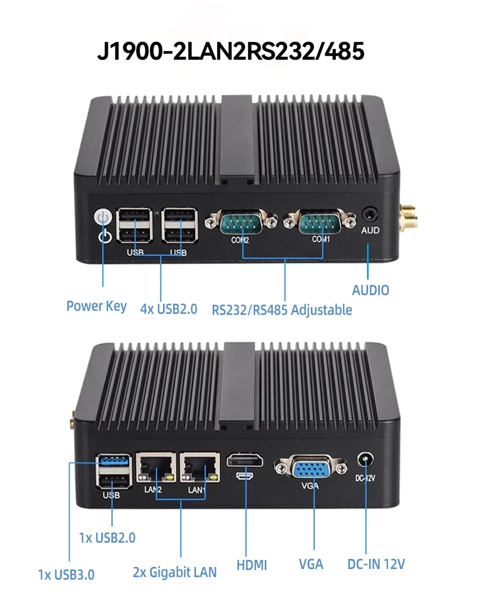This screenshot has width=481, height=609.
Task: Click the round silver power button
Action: [103, 217]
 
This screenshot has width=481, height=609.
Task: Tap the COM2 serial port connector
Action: [241, 222]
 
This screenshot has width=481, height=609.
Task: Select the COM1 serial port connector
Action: [320, 221]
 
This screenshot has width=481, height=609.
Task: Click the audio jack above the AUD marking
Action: [370, 215]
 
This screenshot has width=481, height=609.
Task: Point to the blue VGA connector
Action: [311, 468]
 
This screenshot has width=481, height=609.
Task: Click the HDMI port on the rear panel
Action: [245, 461]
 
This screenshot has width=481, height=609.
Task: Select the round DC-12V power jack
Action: [365, 460]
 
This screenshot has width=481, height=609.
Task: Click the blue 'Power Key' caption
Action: [97, 306]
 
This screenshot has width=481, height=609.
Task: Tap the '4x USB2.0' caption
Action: [169, 309]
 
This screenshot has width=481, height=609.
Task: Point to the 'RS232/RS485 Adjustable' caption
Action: [282, 310]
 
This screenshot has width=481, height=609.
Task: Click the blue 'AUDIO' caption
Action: [370, 291]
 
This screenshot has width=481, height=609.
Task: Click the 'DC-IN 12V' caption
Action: [376, 564]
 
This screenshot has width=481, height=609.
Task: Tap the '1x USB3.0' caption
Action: [66, 575]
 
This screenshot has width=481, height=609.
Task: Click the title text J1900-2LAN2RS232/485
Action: [231, 51]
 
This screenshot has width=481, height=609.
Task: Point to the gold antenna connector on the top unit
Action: [409, 217]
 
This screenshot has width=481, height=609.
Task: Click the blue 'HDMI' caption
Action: [252, 565]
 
